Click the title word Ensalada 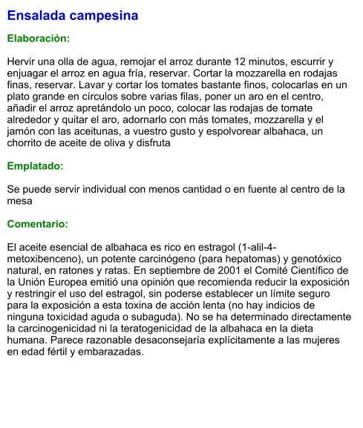pyautogui.click(x=35, y=16)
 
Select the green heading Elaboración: pyautogui.click(x=39, y=38)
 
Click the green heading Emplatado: pyautogui.click(x=35, y=166)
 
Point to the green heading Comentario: pyautogui.click(x=38, y=223)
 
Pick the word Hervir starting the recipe pyautogui.click(x=22, y=61)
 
